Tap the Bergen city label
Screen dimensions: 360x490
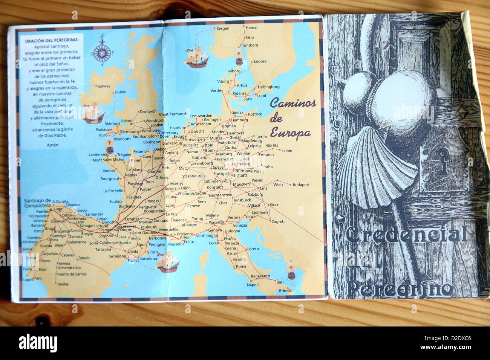pos(223,29)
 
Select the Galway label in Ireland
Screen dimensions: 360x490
pos(104,86)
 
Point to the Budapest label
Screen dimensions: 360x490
pos(301,185)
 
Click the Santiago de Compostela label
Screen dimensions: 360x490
pos(37,203)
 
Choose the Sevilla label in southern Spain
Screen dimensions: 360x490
pos(63,284)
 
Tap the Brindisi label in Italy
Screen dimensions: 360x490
pos(285,291)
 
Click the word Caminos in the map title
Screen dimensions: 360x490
pos(293,103)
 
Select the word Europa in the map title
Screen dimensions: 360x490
pos(290,133)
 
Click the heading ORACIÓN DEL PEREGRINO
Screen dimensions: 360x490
pos(52,40)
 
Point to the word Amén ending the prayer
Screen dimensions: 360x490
pos(53,145)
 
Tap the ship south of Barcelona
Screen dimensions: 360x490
pos(167,262)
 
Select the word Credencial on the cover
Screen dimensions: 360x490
pos(406,235)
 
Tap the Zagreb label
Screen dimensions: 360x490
pos(278,222)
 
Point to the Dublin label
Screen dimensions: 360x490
pos(121,92)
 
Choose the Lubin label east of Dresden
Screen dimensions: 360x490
pos(287,151)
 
